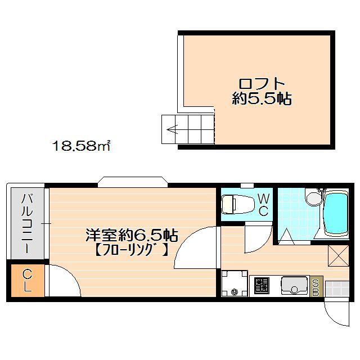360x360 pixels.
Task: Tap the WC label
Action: coord(263,204)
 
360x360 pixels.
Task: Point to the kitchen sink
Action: coord(292,285)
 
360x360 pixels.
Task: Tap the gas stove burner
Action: coord(262,285)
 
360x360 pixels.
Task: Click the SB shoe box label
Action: coord(316,287)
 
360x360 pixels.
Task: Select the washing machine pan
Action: coord(233,283)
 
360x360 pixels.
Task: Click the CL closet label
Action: coord(27,280)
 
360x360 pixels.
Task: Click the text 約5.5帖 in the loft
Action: coord(262,100)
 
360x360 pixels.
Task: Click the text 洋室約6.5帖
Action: coord(132,232)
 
